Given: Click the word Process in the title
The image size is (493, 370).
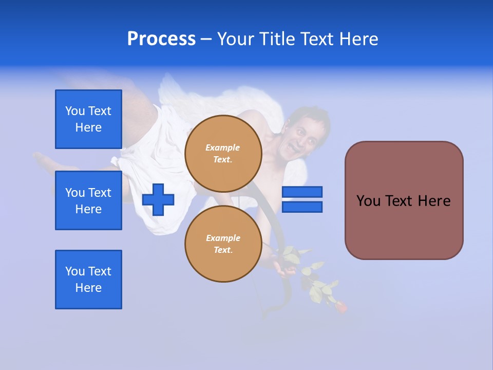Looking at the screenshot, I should (x=161, y=39).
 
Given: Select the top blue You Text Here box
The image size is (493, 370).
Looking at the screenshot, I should (x=88, y=119).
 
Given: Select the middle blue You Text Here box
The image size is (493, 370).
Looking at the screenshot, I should (x=88, y=200).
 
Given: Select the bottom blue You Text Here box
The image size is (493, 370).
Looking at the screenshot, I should (x=88, y=280).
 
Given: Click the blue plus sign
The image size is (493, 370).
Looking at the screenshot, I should (x=158, y=199).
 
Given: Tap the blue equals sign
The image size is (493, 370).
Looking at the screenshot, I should (x=302, y=199).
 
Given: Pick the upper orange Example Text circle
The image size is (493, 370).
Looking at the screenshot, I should (x=223, y=153).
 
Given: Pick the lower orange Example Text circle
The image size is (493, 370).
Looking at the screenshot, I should (x=223, y=244).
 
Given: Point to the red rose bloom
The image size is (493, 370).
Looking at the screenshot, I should (x=340, y=307).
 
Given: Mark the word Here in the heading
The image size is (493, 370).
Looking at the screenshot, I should (x=359, y=39).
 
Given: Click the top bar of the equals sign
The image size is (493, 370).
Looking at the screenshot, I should (x=302, y=192).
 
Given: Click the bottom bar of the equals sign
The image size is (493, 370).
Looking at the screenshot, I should (x=302, y=207).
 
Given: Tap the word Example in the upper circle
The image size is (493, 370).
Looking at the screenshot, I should (x=223, y=147).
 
